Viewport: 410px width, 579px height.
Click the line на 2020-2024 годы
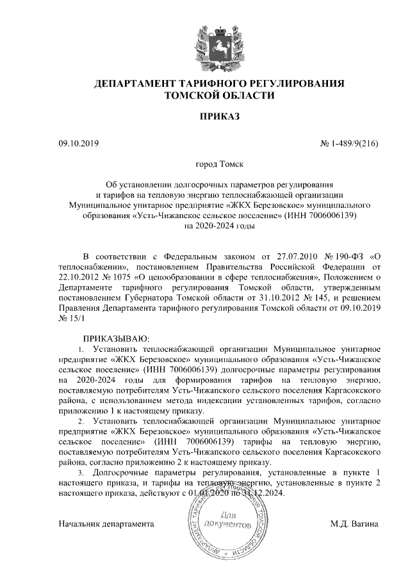219,225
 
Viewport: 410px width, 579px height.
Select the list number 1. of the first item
81,349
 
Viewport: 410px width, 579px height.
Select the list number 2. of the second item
81,422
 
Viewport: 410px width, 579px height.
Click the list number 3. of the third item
81,472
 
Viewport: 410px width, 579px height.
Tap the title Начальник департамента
106,524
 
